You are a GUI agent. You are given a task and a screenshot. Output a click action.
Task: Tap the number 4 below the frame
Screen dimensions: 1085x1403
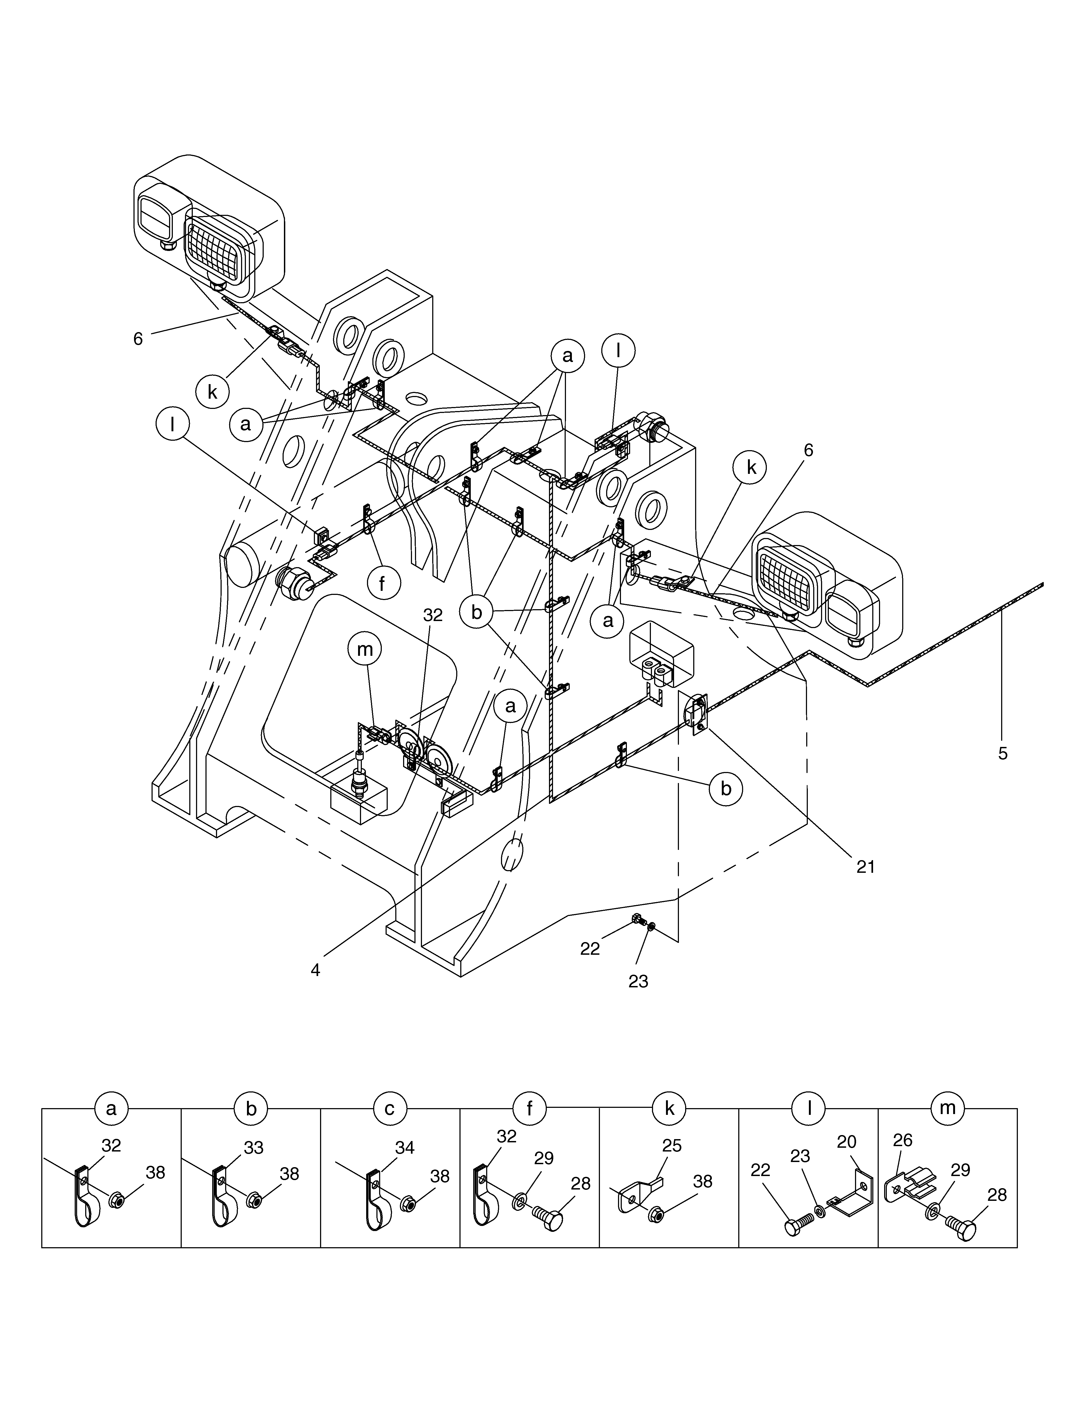pyautogui.click(x=315, y=970)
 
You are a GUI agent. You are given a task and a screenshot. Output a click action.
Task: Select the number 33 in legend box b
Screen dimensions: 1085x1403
pyautogui.click(x=254, y=1148)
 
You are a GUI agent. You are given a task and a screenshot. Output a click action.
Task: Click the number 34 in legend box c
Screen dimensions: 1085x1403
pyautogui.click(x=405, y=1148)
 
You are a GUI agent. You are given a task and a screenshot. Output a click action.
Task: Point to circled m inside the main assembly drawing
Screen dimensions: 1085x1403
pyautogui.click(x=365, y=649)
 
